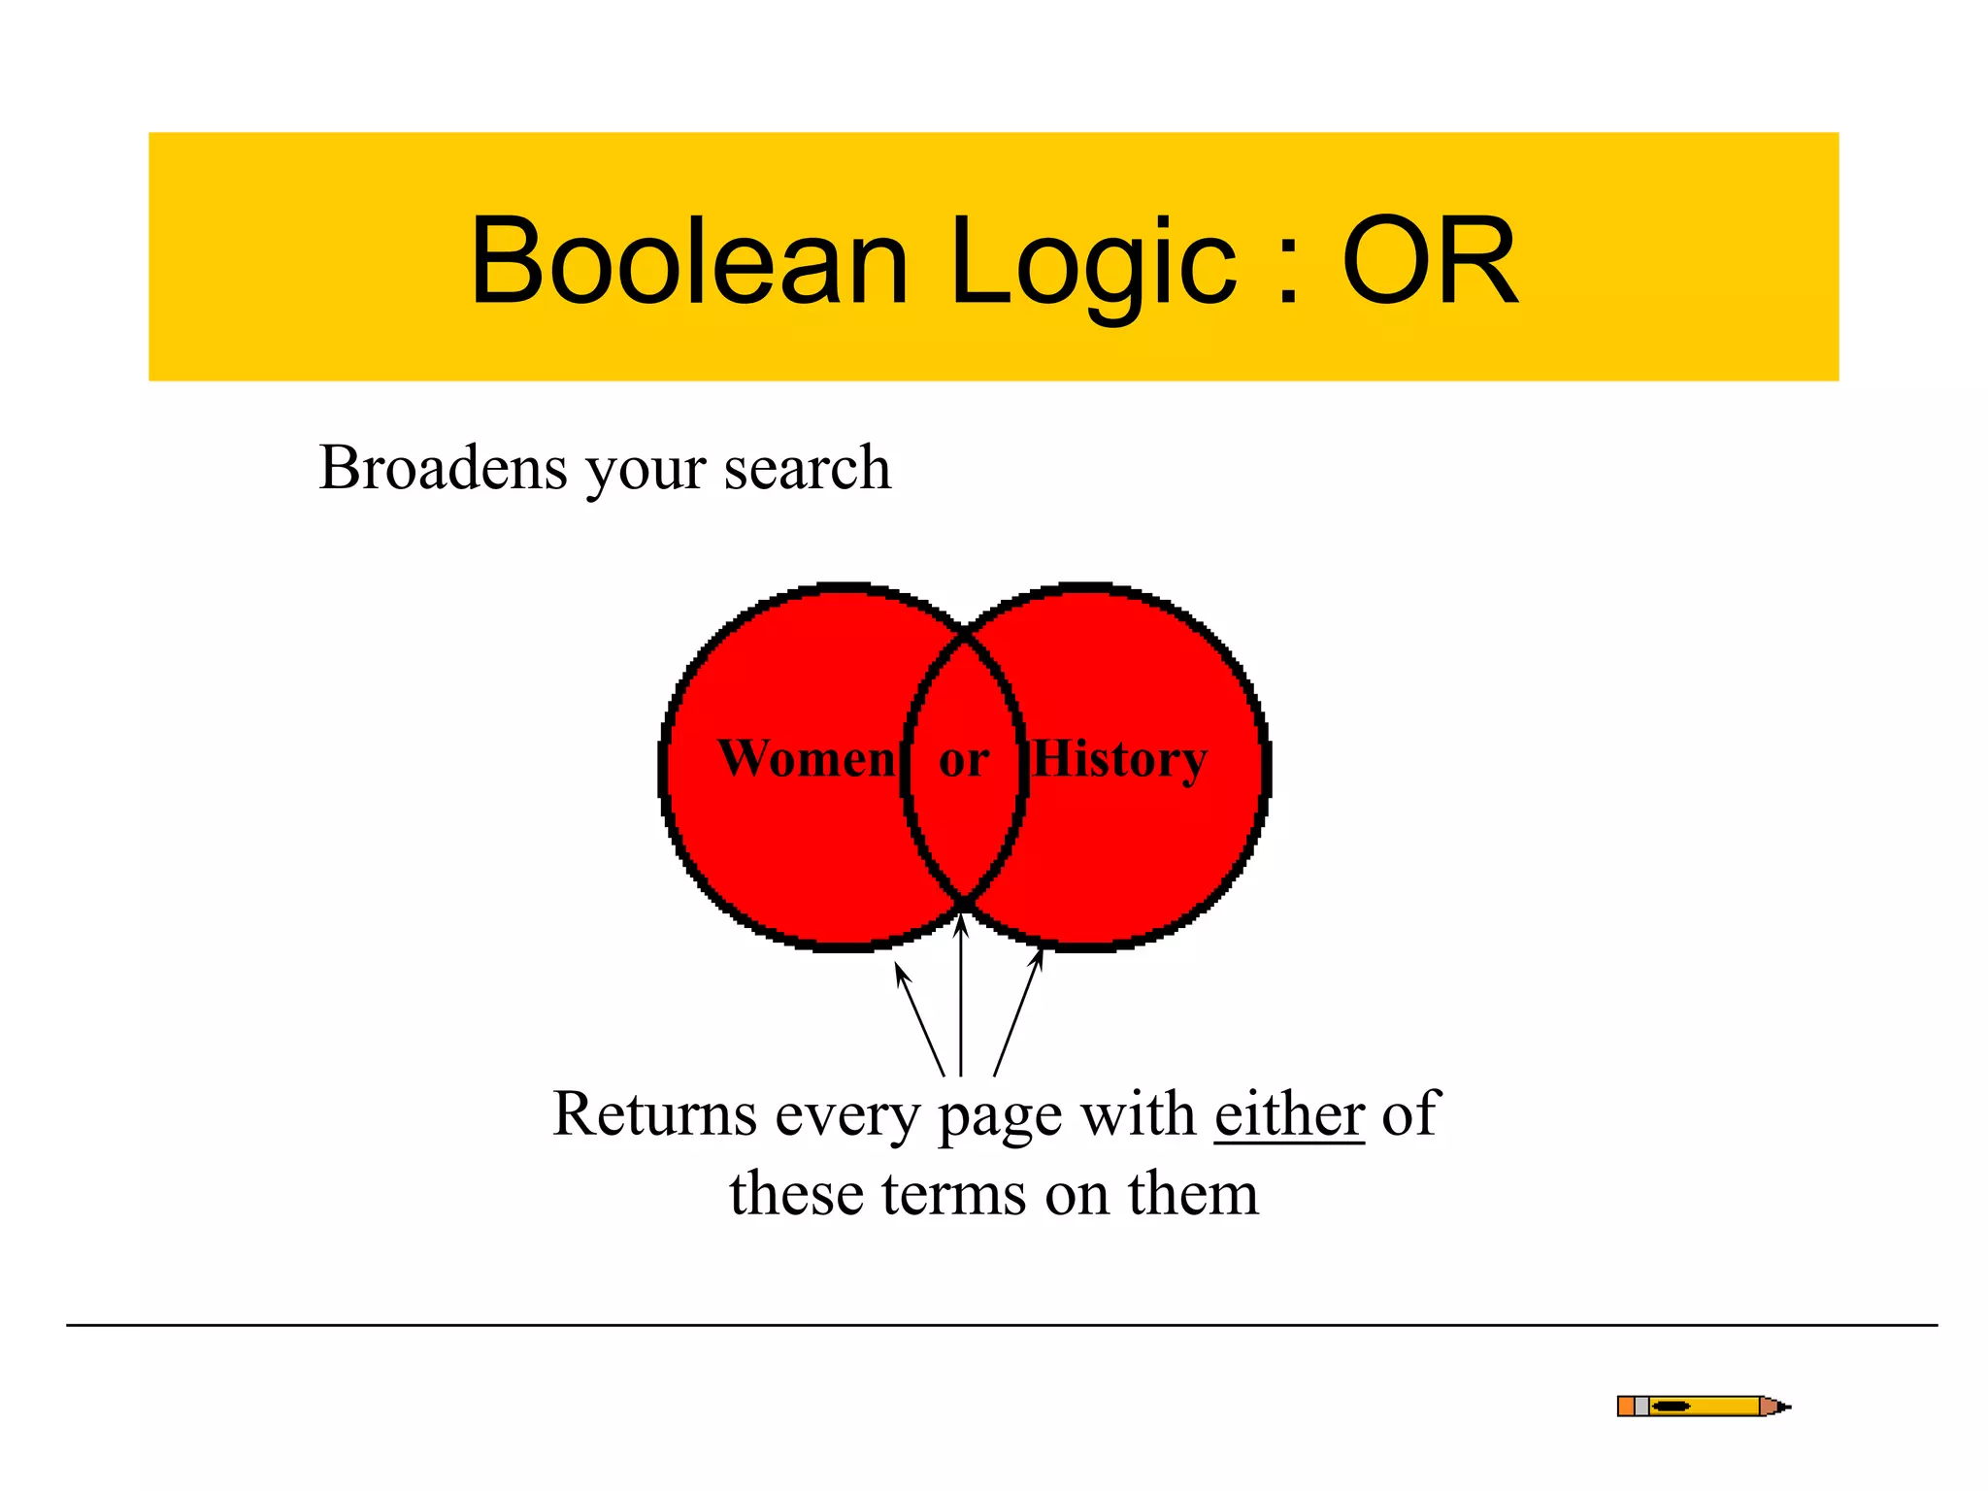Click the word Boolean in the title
tap(688, 261)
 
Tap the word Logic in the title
tap(1094, 261)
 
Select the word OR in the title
tap(1429, 261)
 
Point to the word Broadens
tap(443, 468)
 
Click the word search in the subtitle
tap(807, 468)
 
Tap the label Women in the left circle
tap(807, 758)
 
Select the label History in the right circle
tap(1119, 758)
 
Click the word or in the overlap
tap(964, 760)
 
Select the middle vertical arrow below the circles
tap(961, 1000)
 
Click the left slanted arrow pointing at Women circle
tap(919, 1019)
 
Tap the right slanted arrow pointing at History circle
tap(1017, 1014)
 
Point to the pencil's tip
tap(1787, 1406)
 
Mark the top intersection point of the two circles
tap(965, 633)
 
